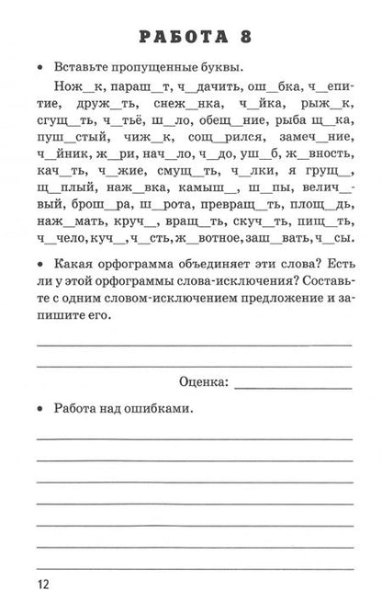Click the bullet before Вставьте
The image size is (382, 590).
tap(39, 67)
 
